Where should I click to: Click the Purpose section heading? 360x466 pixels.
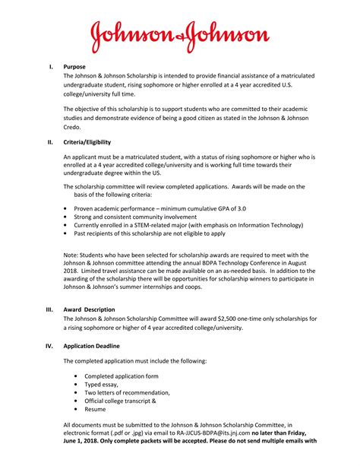74,67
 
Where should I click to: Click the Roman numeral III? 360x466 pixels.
50,309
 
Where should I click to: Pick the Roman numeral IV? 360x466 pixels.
50,344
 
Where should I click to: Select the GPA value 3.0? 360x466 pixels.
241,208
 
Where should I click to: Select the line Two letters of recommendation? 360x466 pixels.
127,392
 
